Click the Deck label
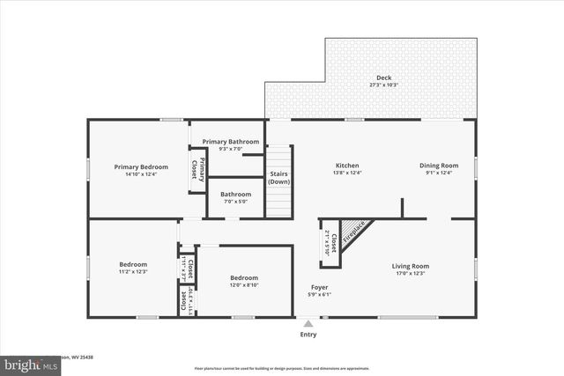(384, 77)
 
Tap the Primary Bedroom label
(141, 166)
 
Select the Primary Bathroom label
(231, 142)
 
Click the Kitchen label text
(346, 166)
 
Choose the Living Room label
(410, 266)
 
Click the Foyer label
(320, 287)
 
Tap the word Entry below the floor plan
(308, 335)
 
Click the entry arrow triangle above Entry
(308, 323)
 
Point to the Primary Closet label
(198, 168)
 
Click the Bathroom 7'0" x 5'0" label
(235, 195)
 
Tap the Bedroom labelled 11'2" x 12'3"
(135, 265)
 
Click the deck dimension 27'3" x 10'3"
(384, 85)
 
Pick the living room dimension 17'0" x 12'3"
(410, 273)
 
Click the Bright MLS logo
(26, 364)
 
